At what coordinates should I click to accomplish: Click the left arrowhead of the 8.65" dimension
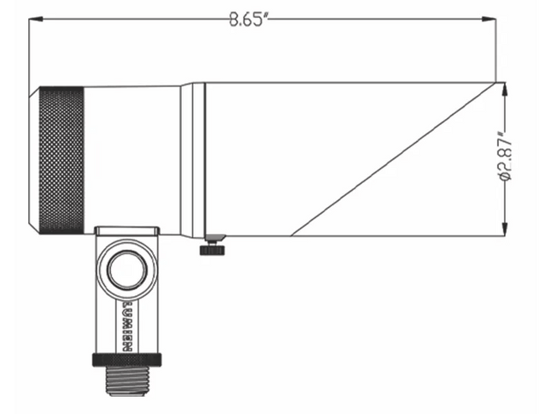click(36, 21)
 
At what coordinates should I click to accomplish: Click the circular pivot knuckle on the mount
click(126, 270)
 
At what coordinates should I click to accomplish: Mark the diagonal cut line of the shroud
click(393, 159)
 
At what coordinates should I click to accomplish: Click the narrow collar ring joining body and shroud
click(197, 158)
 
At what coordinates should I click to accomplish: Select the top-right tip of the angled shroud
click(495, 83)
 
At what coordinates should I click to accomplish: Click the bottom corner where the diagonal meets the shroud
click(292, 234)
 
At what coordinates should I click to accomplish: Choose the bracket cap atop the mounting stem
click(126, 231)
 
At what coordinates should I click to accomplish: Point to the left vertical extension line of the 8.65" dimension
click(30, 51)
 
